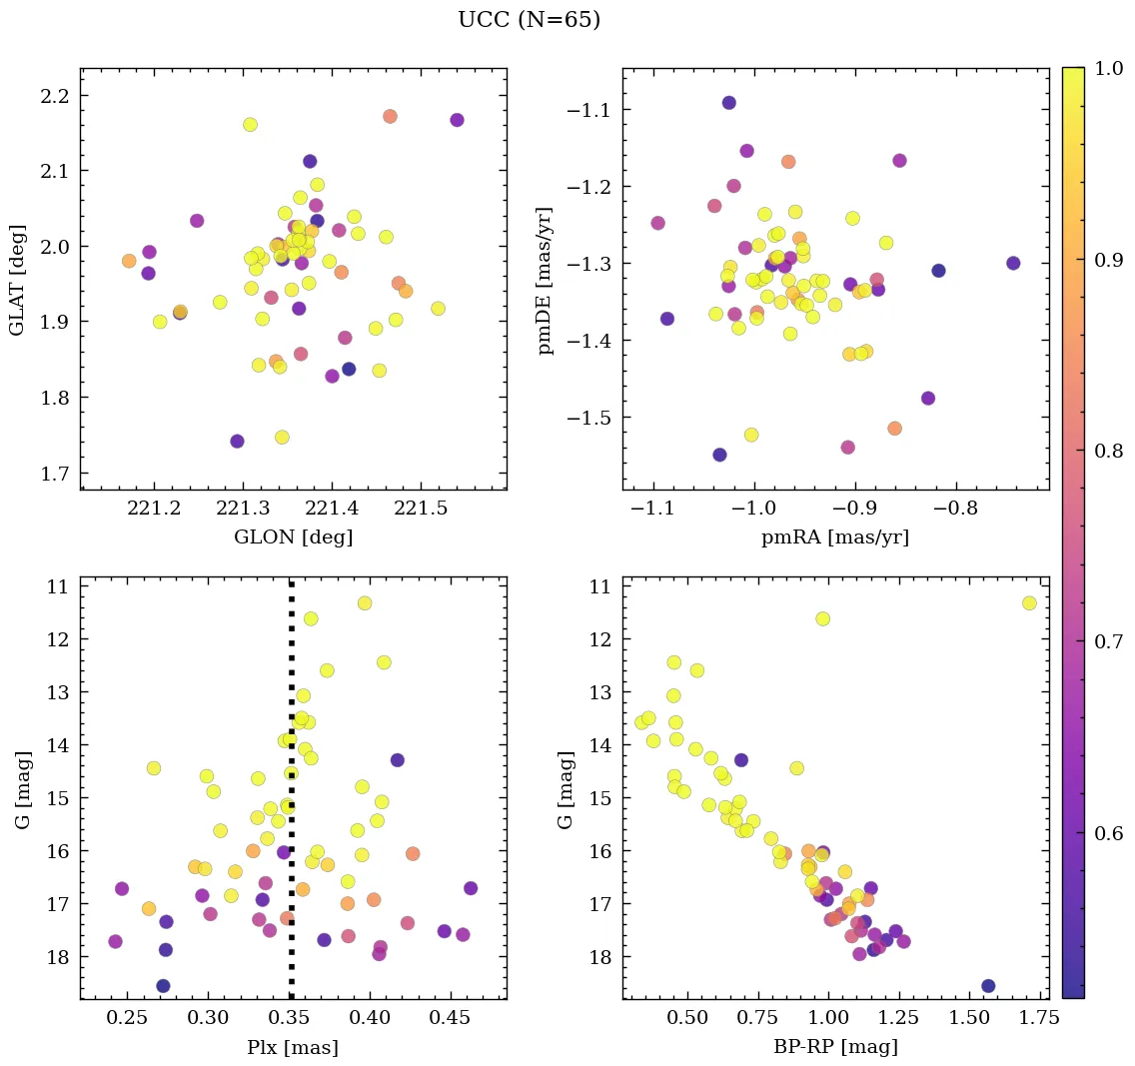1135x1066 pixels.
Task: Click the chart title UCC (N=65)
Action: click(529, 20)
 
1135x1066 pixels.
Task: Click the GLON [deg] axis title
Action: click(293, 537)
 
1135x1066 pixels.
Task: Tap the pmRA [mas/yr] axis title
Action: click(835, 537)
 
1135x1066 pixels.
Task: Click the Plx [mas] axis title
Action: click(293, 1048)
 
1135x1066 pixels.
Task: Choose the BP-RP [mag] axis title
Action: click(835, 1048)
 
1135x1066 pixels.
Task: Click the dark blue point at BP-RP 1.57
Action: click(988, 986)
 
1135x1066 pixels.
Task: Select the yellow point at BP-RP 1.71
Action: click(1029, 602)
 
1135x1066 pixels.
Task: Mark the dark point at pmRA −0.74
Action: click(1013, 263)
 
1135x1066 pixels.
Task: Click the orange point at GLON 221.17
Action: click(129, 261)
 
